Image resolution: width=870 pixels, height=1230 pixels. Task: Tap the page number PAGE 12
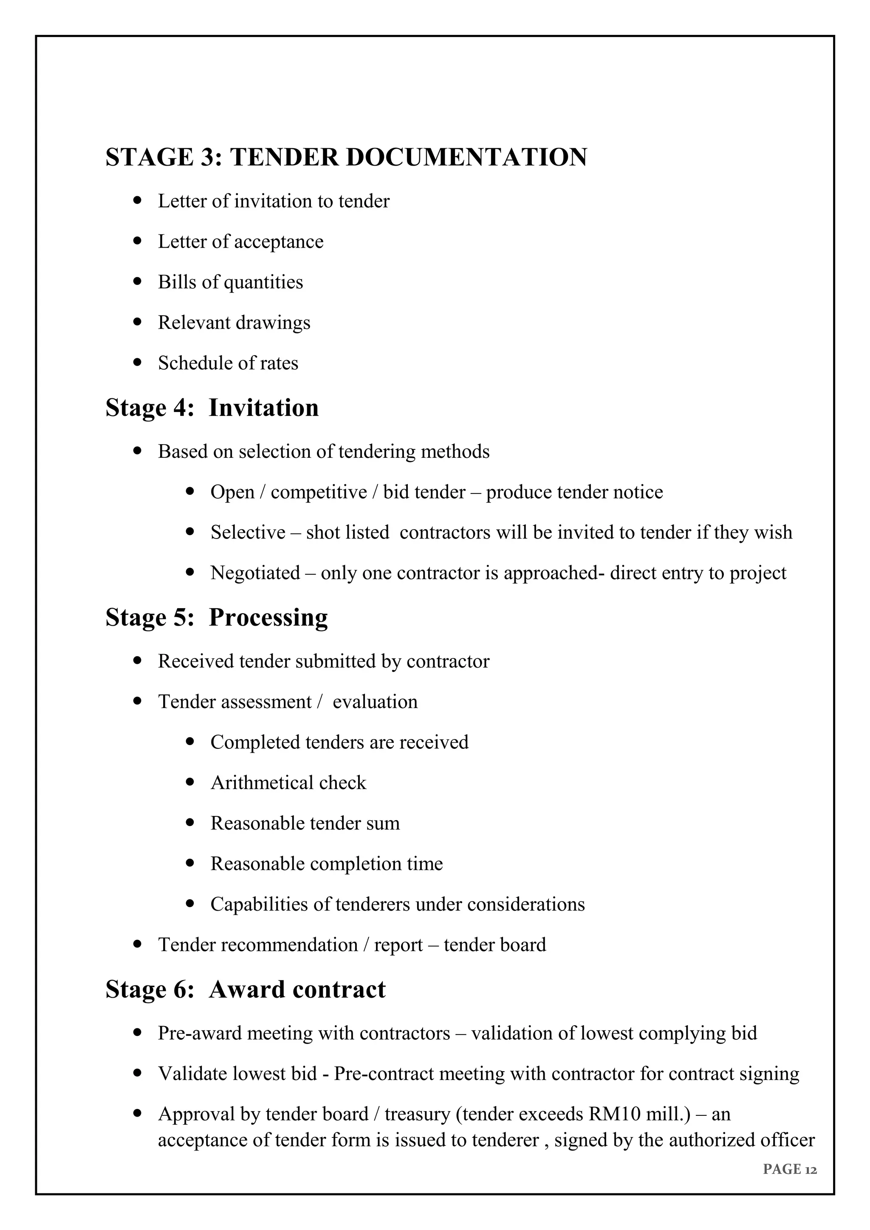[790, 1169]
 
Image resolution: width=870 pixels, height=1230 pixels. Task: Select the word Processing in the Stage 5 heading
[268, 617]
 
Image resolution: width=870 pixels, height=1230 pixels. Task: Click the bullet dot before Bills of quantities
[138, 281]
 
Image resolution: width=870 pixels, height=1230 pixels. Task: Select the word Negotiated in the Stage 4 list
[255, 573]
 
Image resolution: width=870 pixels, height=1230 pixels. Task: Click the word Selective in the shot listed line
[248, 533]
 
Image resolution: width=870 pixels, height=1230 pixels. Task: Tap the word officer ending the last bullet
[788, 1140]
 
